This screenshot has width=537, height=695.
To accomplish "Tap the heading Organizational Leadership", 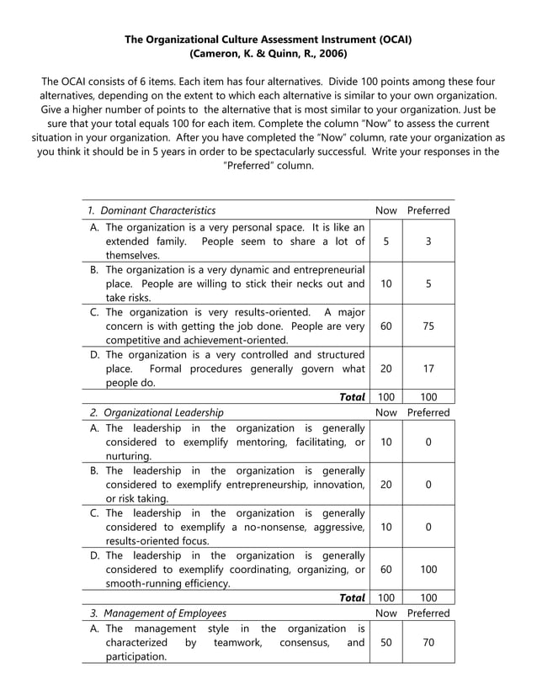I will click(x=164, y=412).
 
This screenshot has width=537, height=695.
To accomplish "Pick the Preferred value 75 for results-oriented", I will click(x=428, y=326).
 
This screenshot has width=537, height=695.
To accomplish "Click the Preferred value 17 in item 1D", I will click(x=428, y=369).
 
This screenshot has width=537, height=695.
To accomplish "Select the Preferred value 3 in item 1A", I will click(x=428, y=241).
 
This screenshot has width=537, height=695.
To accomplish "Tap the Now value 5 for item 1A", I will click(x=385, y=241).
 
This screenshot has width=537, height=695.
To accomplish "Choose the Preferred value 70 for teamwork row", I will click(x=428, y=642).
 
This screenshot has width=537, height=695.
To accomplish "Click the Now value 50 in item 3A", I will click(x=385, y=642).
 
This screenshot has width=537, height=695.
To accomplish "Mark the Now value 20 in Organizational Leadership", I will click(x=385, y=485).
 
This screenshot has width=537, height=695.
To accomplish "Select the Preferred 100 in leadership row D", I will click(x=428, y=569).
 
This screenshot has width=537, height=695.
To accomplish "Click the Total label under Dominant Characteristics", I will click(x=351, y=396).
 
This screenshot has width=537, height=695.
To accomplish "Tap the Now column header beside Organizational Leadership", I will click(x=385, y=412).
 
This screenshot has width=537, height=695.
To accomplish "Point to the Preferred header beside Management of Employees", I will click(x=428, y=613).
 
